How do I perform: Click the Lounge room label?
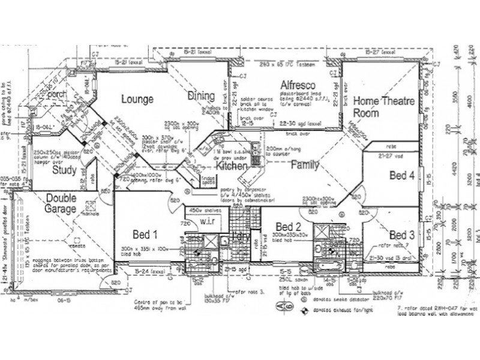pyautogui.click(x=137, y=99)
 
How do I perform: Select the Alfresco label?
pyautogui.click(x=297, y=86)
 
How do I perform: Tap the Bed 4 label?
pyautogui.click(x=401, y=175)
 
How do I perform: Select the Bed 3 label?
pyautogui.click(x=401, y=234)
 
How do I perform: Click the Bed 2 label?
pyautogui.click(x=289, y=226)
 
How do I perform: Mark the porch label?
pyautogui.click(x=56, y=94)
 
